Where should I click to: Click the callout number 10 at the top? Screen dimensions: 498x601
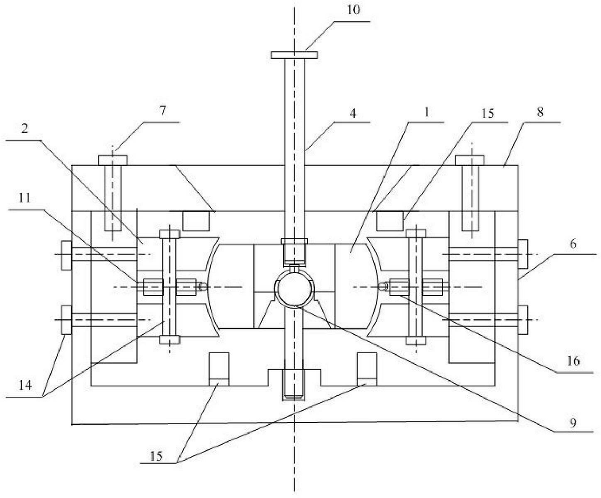click(x=354, y=10)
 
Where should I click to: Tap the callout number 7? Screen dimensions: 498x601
click(x=163, y=110)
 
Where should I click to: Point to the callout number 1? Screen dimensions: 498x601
click(x=426, y=112)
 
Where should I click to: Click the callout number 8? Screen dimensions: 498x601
click(x=540, y=112)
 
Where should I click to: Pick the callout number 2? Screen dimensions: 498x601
click(x=24, y=129)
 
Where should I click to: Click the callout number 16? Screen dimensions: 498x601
click(x=573, y=361)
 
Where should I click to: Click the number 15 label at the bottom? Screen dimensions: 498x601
click(x=156, y=456)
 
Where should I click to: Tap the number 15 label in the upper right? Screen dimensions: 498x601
click(x=488, y=113)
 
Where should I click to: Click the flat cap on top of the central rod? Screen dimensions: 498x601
click(x=294, y=55)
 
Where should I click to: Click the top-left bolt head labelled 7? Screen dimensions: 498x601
click(x=113, y=159)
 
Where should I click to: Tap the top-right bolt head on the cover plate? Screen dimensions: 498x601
click(x=471, y=159)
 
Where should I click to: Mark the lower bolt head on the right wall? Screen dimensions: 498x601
click(x=522, y=320)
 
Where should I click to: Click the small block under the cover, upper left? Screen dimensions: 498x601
click(x=195, y=220)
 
